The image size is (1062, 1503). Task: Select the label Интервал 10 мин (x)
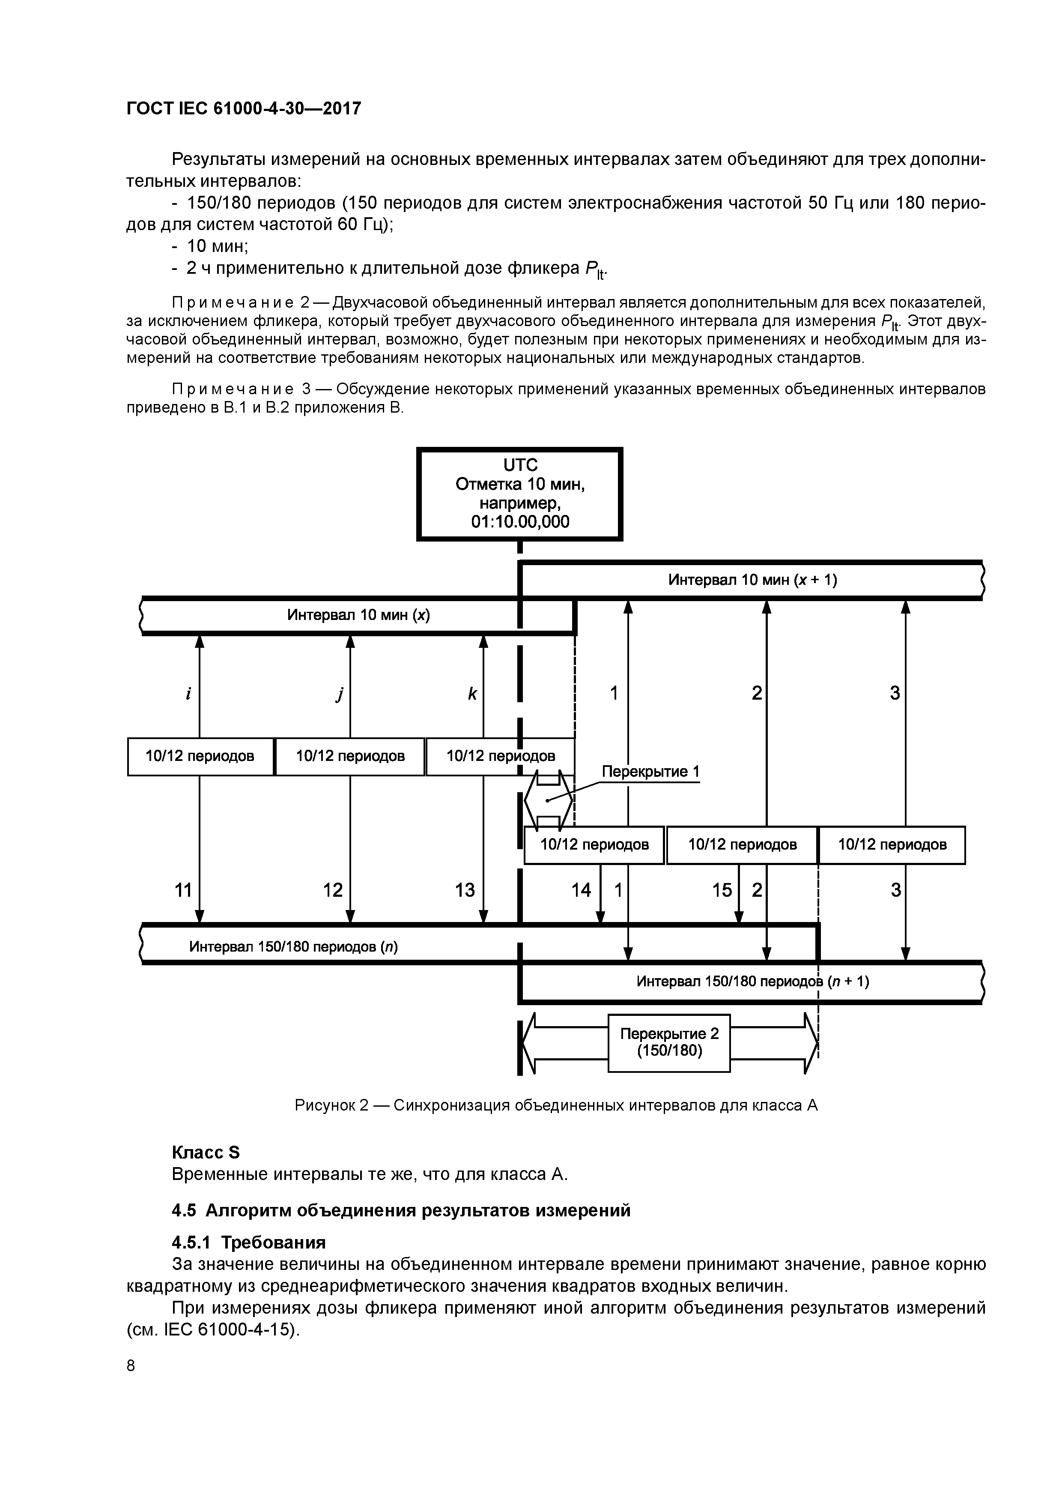click(358, 615)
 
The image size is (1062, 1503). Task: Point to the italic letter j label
click(339, 695)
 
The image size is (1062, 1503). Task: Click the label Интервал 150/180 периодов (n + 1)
click(752, 981)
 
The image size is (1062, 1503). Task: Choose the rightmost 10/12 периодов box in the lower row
click(892, 844)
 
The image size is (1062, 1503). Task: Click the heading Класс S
click(206, 1152)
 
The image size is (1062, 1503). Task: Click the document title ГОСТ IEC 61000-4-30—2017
click(243, 108)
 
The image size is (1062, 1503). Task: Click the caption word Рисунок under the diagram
click(324, 1106)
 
